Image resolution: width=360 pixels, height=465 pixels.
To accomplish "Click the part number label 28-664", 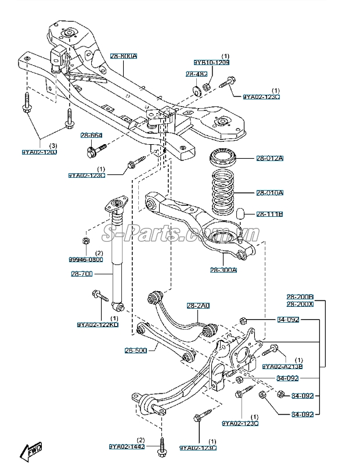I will (92, 135).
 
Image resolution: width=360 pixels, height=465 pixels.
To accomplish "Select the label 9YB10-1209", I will (211, 62).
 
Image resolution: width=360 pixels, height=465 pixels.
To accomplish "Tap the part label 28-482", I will (193, 74).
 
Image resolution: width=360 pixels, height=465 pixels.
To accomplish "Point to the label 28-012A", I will (269, 158).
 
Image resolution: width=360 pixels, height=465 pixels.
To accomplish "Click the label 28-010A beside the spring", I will (269, 192).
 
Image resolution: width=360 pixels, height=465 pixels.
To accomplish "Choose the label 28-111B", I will (269, 214).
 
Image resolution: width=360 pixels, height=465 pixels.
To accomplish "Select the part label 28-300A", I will (224, 270).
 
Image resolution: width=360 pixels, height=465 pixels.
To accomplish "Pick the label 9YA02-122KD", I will (98, 325).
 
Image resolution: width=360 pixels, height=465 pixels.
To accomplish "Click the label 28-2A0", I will (198, 306).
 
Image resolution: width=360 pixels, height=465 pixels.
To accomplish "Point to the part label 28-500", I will (135, 350).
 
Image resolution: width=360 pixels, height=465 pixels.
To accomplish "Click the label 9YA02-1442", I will (127, 447).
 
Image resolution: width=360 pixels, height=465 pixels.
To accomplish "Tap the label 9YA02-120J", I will (39, 152).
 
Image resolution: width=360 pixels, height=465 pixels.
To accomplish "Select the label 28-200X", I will (300, 304).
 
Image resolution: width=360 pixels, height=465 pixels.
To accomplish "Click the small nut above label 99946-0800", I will (85, 241).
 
